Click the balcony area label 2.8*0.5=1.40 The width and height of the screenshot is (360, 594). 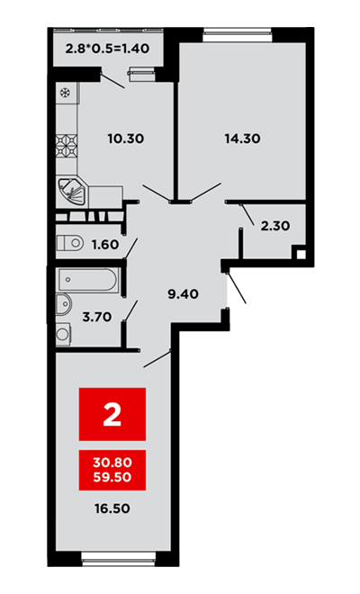107,49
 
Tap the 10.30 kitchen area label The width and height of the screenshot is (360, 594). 126,139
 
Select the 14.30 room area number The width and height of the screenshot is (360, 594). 242,139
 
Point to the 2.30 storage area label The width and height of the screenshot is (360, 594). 275,226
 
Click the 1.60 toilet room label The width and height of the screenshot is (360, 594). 105,245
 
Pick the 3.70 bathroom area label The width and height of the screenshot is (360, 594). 97,317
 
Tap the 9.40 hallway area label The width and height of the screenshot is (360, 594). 184,294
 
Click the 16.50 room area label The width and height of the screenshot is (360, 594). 112,508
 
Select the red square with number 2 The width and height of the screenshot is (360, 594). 112,414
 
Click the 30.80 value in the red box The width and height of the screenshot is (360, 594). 112,463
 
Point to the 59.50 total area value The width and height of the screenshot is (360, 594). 112,477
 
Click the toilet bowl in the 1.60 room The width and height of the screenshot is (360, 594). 70,243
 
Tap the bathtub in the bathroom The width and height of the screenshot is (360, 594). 87,280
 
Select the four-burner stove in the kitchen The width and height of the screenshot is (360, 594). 67,146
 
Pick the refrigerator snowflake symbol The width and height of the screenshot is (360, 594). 65,92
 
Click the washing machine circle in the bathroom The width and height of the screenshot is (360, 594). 62,334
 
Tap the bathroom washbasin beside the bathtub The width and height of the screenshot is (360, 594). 64,304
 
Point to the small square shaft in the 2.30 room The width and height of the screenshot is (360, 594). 301,255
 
